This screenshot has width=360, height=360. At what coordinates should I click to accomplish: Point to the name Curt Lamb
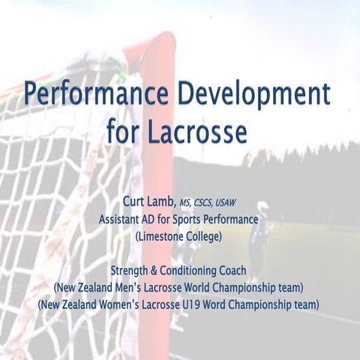coord(148,202)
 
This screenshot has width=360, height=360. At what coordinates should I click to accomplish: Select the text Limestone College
coord(179,236)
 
